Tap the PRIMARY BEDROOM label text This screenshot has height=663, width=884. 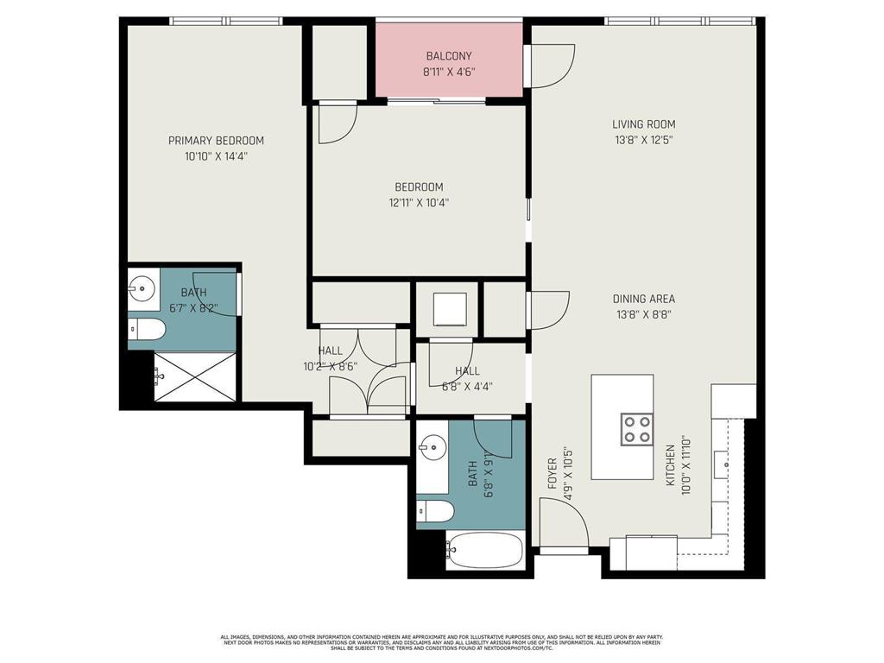tap(216, 141)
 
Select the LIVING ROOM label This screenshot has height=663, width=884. tap(644, 124)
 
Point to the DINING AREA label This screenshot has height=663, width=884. tap(644, 300)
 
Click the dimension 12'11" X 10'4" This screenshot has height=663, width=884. tap(419, 203)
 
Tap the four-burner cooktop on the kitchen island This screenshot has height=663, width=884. tap(636, 428)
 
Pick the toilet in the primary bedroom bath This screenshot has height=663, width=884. tap(147, 329)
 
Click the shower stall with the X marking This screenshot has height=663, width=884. tap(195, 376)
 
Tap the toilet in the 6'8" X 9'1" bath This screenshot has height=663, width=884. tap(436, 512)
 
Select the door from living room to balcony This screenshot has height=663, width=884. tap(550, 65)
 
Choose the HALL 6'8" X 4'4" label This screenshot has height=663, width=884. tap(467, 378)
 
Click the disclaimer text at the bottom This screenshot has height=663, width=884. tap(441, 642)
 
